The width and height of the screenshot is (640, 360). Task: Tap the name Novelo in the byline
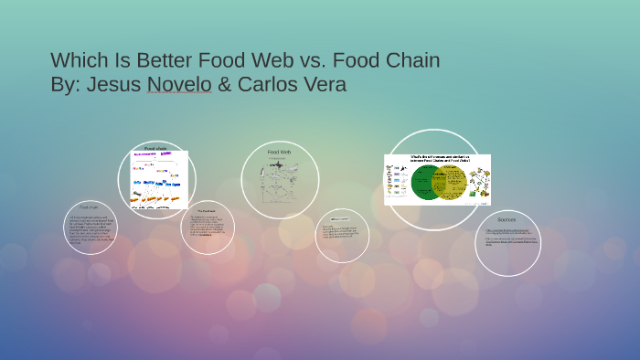coord(180,85)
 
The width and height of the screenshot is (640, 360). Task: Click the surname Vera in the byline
coord(325,85)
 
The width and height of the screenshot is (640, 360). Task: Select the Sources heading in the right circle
coord(507,220)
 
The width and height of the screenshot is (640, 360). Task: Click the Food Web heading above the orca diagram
coord(279,152)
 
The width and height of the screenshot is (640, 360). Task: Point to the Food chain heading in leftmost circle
coord(90,207)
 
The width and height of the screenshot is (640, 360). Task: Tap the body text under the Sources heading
coord(507,237)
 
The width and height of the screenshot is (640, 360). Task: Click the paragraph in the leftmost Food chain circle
coord(90,231)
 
